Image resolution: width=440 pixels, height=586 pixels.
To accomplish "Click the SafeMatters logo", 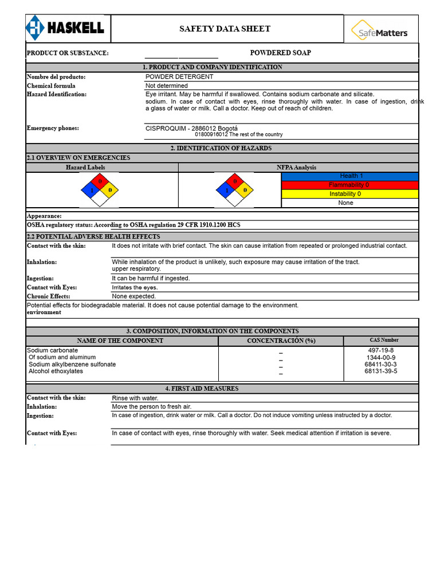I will click(380, 29).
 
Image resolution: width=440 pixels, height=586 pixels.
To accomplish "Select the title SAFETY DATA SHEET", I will click(225, 29).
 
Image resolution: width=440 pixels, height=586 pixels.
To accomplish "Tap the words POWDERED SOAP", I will click(280, 53).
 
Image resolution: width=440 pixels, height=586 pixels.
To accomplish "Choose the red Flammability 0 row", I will click(349, 185).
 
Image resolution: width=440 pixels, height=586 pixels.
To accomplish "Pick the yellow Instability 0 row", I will click(349, 194).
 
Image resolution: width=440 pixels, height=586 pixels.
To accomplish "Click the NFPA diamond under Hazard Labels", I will click(100, 189).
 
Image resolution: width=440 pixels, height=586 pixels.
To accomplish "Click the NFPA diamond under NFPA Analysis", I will click(234, 189).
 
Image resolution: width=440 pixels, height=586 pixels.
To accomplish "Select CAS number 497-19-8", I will click(380, 350).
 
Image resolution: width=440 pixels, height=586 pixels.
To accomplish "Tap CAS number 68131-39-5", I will click(380, 371).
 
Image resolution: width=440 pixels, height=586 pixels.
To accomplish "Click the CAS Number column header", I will click(380, 340).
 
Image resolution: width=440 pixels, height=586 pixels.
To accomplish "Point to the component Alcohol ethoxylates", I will click(56, 371).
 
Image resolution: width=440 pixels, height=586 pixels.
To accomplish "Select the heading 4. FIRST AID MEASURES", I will click(222, 389).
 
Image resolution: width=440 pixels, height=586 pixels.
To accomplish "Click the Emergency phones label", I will click(53, 128).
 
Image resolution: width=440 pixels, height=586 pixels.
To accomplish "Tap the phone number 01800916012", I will click(211, 134).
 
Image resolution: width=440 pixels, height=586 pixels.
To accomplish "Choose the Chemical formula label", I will click(51, 86).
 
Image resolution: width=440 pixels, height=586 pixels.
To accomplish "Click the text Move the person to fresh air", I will click(151, 406).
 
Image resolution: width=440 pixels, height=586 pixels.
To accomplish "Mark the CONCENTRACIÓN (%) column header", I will click(281, 340).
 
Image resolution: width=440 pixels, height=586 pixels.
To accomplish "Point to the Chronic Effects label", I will click(48, 296).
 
